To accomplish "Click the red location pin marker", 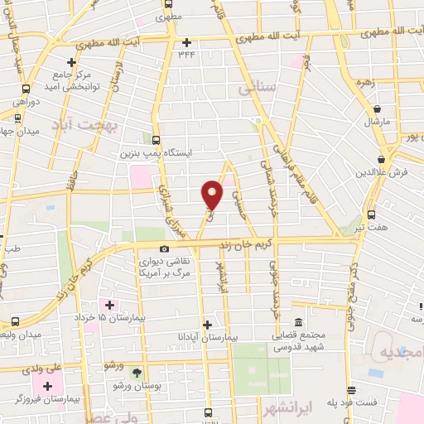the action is click(x=213, y=194).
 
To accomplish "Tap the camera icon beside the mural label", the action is click(x=164, y=249).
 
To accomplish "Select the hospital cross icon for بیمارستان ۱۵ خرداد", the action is click(x=109, y=305).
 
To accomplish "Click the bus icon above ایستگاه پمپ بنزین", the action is click(x=157, y=140).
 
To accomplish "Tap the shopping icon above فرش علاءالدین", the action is click(x=381, y=159).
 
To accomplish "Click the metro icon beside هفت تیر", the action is click(x=371, y=212).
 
